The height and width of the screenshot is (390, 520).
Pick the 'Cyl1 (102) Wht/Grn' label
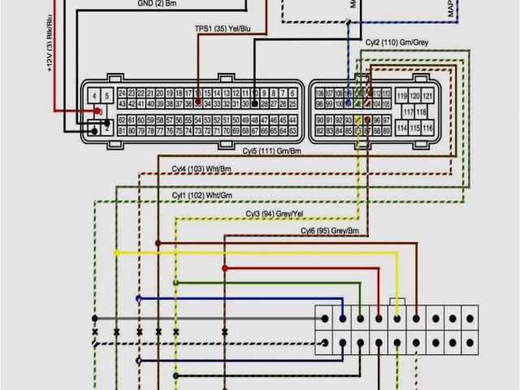tap(202, 196)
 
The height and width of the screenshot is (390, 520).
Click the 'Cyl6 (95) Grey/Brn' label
tap(330, 231)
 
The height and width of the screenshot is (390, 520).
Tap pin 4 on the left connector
tap(95, 95)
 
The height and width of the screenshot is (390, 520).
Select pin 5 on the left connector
tap(106, 95)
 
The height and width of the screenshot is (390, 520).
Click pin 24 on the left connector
tap(122, 93)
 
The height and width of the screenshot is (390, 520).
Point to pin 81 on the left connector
tap(122, 131)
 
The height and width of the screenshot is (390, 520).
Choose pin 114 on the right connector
tap(401, 128)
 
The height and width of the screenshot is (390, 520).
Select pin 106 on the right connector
tap(319, 93)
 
